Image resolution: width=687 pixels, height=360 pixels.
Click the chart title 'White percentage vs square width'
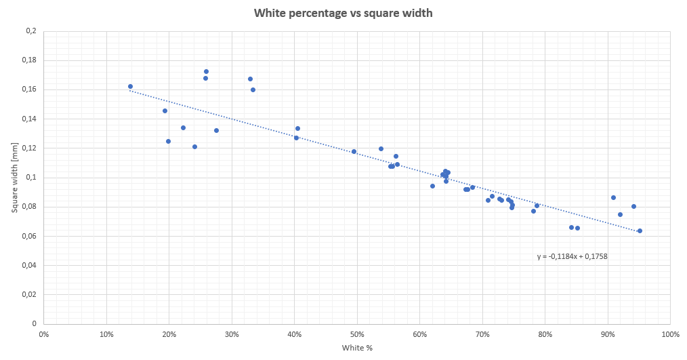(x=343, y=13)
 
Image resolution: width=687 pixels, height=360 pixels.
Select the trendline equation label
(x=572, y=256)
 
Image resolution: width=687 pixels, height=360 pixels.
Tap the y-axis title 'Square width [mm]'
(x=14, y=178)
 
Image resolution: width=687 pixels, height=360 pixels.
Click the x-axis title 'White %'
(x=356, y=347)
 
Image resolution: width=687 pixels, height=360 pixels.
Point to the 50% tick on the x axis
(x=357, y=334)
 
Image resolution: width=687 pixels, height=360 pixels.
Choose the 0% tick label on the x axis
(x=44, y=334)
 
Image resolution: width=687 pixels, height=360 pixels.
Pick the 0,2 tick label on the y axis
(x=30, y=31)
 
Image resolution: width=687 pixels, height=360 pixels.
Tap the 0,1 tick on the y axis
(x=30, y=178)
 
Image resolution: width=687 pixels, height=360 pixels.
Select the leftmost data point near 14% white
(x=130, y=86)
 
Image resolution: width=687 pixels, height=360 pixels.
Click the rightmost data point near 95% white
(x=640, y=231)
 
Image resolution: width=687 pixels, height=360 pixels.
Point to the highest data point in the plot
(x=206, y=71)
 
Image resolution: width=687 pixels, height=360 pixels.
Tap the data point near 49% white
(x=354, y=151)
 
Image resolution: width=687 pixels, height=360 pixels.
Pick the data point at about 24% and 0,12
(x=194, y=146)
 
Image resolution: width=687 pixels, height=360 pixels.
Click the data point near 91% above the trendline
(x=613, y=197)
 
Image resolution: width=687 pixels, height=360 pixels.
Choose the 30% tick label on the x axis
(x=232, y=334)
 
